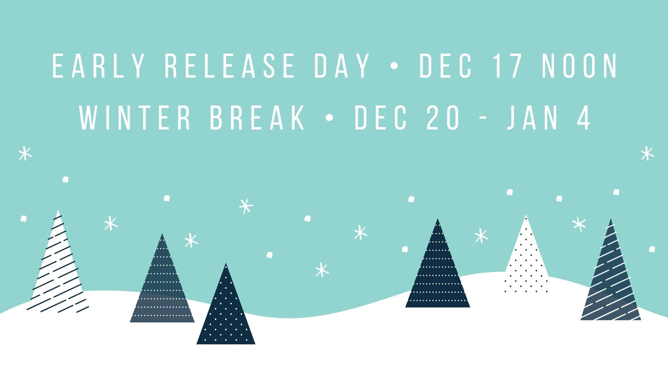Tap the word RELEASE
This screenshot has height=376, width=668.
[229, 66]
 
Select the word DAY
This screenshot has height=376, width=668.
[342, 66]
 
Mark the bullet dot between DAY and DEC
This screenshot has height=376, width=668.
[394, 66]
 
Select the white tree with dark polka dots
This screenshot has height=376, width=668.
[526, 256]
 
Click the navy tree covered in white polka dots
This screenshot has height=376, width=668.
[226, 306]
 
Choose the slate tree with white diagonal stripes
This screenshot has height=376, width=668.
[611, 272]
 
